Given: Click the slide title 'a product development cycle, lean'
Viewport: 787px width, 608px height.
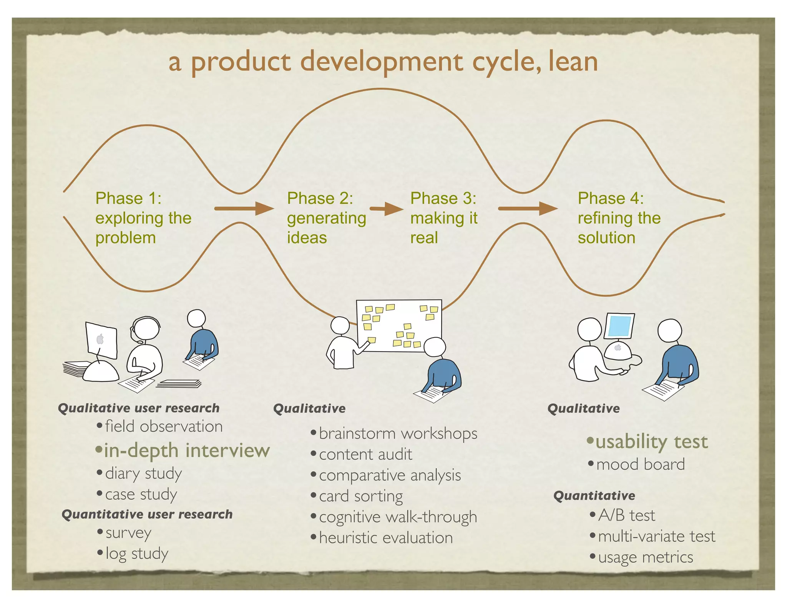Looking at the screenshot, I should (383, 62).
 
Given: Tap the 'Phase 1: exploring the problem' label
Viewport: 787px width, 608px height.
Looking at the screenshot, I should (143, 218).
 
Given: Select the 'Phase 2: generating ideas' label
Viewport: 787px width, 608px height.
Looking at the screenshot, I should (326, 218).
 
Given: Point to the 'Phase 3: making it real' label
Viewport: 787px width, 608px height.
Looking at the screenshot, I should (443, 218).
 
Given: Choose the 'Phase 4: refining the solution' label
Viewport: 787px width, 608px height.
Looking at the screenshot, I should (619, 218).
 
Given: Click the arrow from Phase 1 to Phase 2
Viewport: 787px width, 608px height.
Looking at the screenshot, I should (244, 209).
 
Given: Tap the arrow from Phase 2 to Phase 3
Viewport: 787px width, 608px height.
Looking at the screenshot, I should (386, 209).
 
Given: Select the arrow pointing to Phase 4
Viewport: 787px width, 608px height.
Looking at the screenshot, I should (527, 209).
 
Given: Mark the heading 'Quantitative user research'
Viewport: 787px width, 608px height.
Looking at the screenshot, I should (147, 514).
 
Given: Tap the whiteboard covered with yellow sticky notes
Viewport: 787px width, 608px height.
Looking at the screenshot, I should (399, 326).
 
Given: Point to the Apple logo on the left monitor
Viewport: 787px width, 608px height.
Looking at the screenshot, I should (100, 339).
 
